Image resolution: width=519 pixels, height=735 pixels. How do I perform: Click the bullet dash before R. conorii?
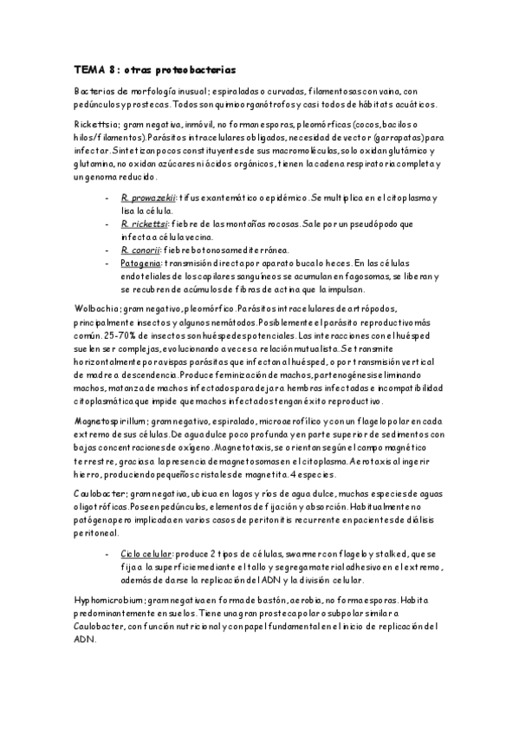[x=106, y=250]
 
